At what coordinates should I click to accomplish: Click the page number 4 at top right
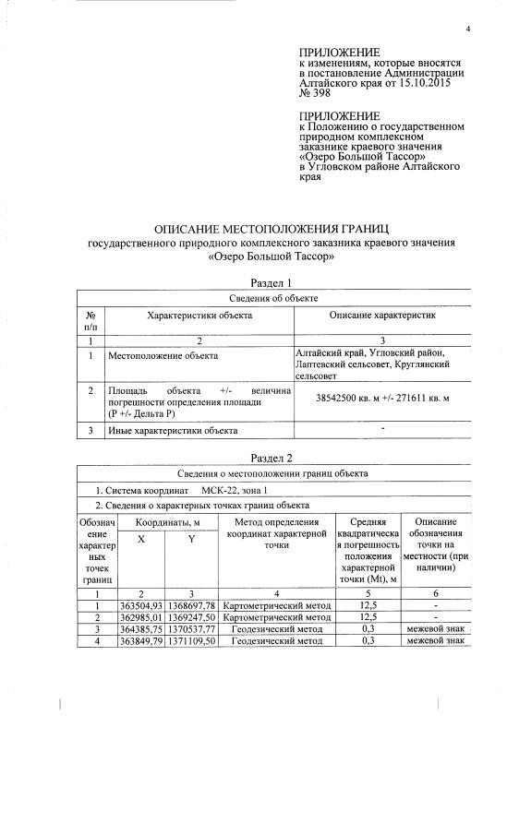click(x=468, y=28)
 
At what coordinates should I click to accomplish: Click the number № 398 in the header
click(x=316, y=93)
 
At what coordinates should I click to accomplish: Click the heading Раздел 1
click(x=272, y=282)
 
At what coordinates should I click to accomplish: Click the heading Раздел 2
click(x=272, y=458)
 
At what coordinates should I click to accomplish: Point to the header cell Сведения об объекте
click(x=272, y=298)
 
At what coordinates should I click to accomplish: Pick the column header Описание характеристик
click(x=382, y=316)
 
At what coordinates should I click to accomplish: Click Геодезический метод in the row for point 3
click(x=277, y=627)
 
